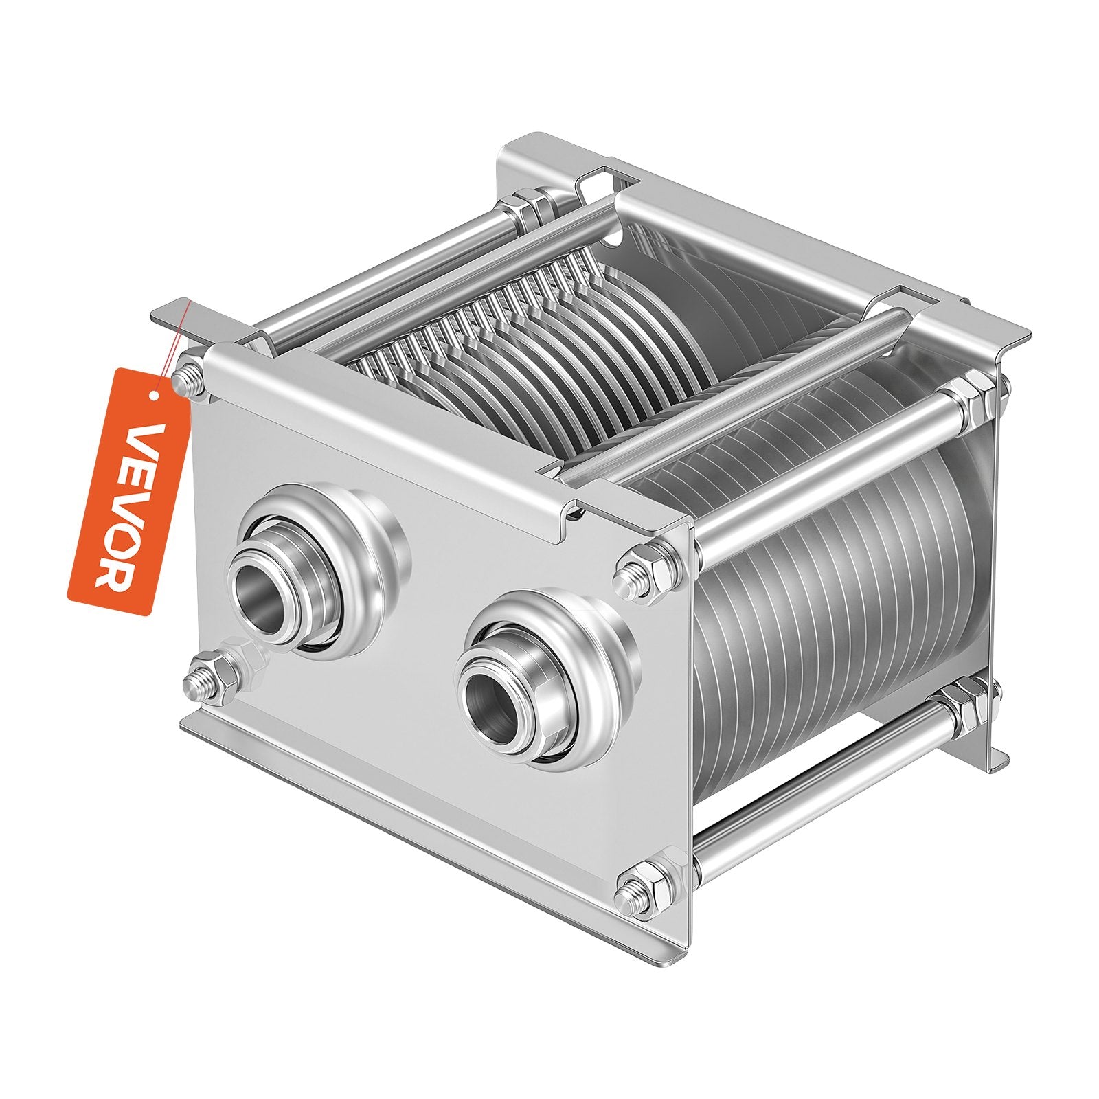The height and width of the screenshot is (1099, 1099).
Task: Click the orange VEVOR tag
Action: pos(128,492)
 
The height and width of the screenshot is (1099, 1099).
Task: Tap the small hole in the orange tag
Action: pos(155,395)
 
